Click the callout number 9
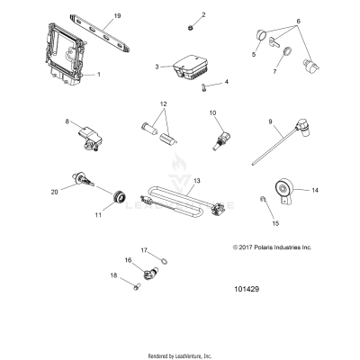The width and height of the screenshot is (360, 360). (269, 121)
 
